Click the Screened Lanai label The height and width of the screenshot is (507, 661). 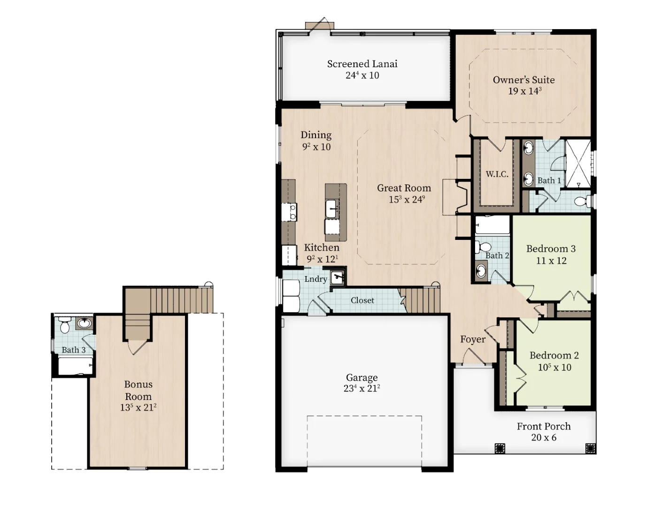(x=362, y=64)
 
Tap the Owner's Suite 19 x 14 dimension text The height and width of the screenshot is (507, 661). (x=525, y=91)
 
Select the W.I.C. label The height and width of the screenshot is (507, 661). (x=497, y=174)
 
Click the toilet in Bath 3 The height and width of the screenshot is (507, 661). (x=64, y=325)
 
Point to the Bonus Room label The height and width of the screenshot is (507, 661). (x=138, y=390)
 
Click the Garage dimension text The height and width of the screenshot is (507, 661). (x=361, y=389)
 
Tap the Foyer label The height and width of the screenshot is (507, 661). (x=473, y=339)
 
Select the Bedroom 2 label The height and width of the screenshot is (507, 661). (x=554, y=355)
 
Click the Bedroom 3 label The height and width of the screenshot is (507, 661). (x=551, y=249)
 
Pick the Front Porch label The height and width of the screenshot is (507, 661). (x=544, y=426)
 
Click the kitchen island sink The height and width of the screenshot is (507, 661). (x=332, y=208)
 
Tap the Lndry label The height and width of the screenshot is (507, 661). (x=316, y=279)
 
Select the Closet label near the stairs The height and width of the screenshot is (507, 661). (x=362, y=300)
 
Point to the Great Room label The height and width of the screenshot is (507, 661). (x=404, y=188)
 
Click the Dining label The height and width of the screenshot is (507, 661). (x=316, y=135)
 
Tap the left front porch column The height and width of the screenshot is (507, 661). (x=500, y=448)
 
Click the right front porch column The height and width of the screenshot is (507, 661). (x=591, y=448)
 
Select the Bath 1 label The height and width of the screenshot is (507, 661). (x=549, y=181)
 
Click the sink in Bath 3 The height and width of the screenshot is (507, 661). (x=84, y=323)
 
